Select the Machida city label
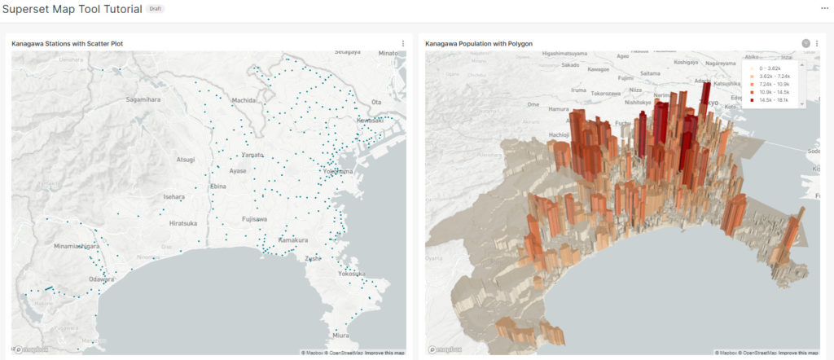pos(243,100)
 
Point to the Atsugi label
pos(187,160)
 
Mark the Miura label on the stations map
pos(340,335)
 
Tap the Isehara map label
pos(174,197)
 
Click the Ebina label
pos(218,187)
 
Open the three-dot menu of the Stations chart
pos(402,43)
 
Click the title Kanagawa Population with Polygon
pos(474,43)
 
